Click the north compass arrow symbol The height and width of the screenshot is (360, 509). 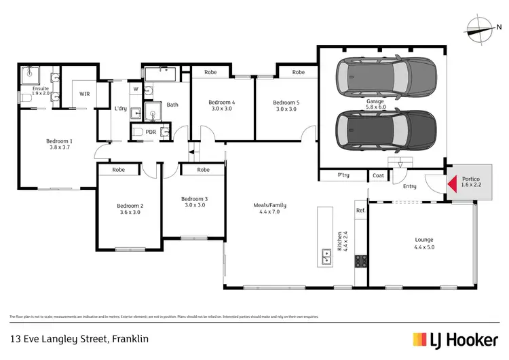point(482,28)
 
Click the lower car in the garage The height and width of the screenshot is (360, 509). point(385,131)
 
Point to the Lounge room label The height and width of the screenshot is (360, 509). point(423,240)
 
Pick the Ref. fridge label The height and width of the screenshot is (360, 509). point(360,211)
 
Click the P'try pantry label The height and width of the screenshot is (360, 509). point(344,175)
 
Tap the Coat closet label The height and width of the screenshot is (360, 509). point(378,175)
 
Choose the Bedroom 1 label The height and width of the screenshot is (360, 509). point(59,141)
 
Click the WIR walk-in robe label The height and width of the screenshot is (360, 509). point(84,94)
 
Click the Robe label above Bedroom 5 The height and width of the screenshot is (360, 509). point(298,71)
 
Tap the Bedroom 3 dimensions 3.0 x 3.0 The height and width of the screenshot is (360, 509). point(194,205)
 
